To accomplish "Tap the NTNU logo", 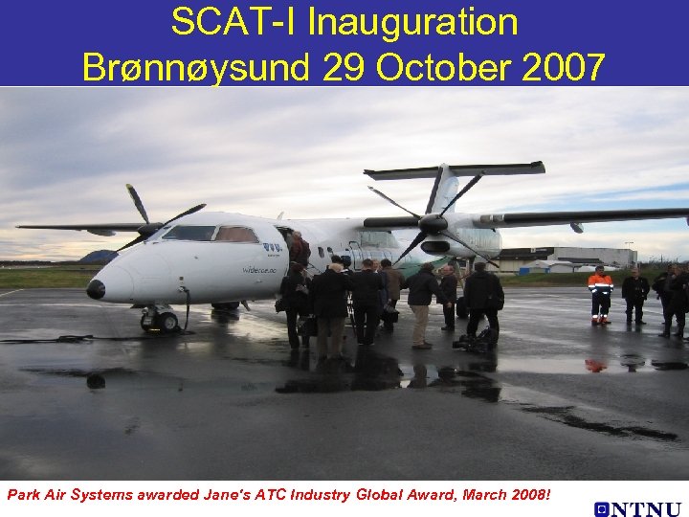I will click(x=636, y=509).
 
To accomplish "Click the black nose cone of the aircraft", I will click(x=96, y=288).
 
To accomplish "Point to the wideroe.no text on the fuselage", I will click(x=259, y=270).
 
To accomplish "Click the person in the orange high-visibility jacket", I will click(x=600, y=294).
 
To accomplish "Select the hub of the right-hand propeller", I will click(x=433, y=223).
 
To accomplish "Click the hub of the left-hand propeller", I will click(x=151, y=229).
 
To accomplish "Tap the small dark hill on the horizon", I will click(x=99, y=256).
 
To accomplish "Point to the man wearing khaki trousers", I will click(x=421, y=302).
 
